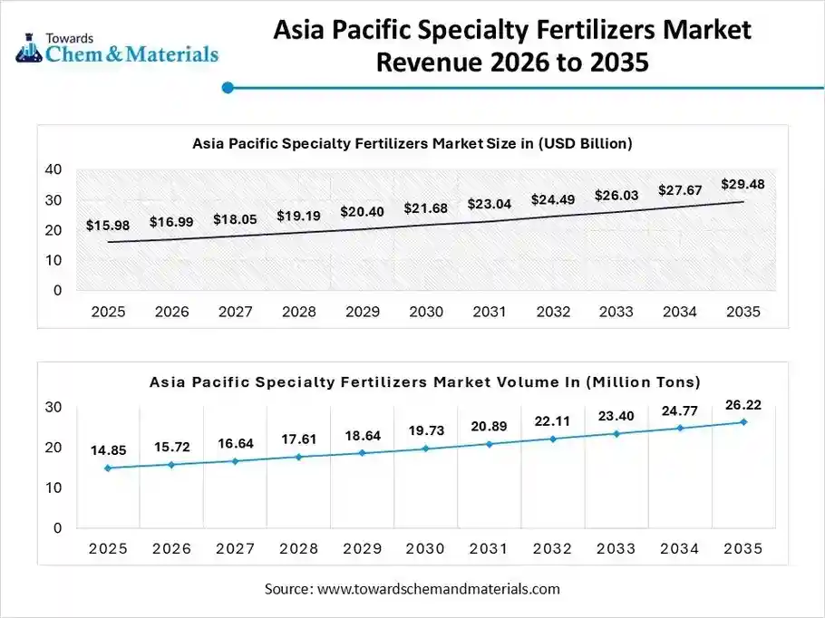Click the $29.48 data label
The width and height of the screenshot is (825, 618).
[742, 184]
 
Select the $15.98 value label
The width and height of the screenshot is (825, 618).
[108, 225]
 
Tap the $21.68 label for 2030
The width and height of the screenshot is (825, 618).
[425, 208]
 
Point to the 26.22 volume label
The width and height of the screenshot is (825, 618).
[742, 403]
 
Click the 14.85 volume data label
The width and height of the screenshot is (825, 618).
[108, 450]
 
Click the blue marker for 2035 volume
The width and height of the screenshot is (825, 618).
[743, 421]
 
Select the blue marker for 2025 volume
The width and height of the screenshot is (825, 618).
[108, 468]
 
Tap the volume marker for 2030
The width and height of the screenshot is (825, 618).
[425, 449]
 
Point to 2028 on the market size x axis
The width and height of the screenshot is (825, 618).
[298, 312]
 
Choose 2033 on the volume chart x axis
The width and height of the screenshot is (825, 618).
[616, 548]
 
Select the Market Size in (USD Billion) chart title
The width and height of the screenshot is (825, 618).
[412, 143]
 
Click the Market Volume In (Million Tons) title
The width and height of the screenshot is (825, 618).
[425, 382]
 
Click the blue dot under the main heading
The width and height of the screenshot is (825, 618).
[228, 88]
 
